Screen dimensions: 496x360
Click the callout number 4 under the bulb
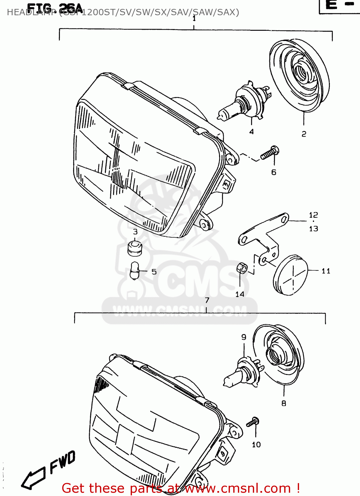[x=251, y=132]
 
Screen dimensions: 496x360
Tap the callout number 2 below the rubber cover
[x=304, y=134]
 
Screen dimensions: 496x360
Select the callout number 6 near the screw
[x=274, y=172]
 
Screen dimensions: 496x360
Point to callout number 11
[x=326, y=271]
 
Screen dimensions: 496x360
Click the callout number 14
[x=240, y=294]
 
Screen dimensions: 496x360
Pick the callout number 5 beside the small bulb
[x=154, y=272]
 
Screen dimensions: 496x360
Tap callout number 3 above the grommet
[x=135, y=232]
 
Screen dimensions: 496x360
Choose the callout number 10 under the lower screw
[x=256, y=445]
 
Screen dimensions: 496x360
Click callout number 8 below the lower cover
[x=284, y=403]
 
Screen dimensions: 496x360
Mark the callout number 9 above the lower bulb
[x=244, y=337]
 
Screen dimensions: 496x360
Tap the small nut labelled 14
[x=242, y=268]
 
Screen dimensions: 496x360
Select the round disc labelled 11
[x=291, y=274]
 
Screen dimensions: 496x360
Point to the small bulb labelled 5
[x=135, y=271]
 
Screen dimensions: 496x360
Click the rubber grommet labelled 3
[x=135, y=249]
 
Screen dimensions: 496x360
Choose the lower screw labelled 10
[x=253, y=422]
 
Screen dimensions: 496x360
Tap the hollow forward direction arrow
[x=33, y=478]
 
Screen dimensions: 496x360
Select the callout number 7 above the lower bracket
[x=207, y=300]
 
